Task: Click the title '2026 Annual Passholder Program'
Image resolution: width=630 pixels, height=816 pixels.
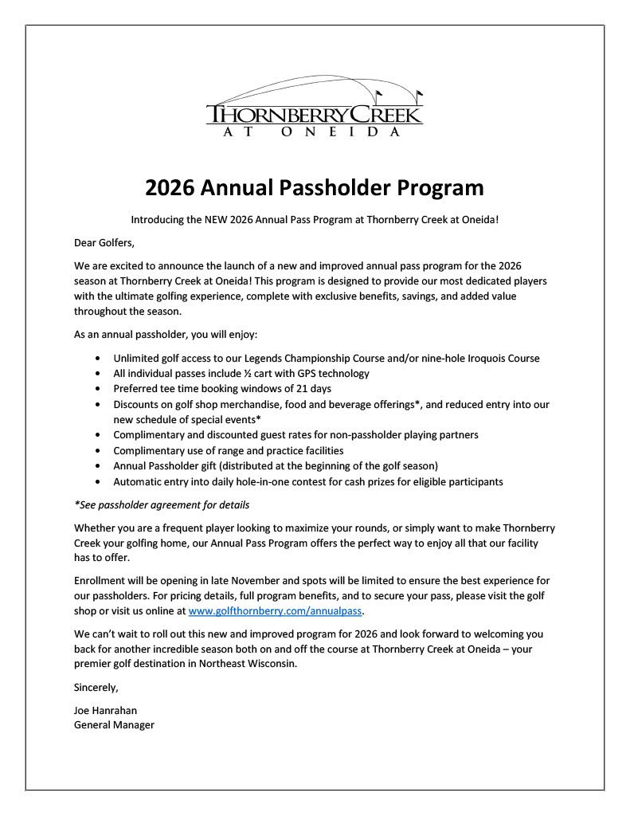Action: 315,187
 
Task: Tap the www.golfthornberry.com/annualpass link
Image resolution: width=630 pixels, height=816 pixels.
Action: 276,611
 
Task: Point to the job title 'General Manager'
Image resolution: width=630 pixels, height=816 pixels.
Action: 114,725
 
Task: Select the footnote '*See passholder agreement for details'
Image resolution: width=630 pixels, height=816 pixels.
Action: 162,504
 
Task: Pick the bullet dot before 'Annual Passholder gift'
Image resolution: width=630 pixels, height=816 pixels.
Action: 97,466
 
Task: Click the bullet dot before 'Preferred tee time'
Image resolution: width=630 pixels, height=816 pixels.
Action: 97,389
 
